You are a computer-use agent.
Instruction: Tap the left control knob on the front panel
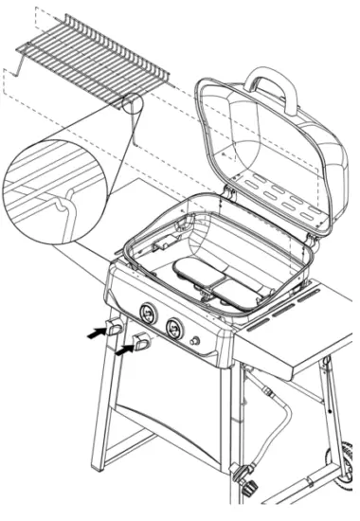coord(148,314)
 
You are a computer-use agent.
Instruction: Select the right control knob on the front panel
coord(174,328)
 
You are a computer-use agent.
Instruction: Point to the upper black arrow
coord(95,332)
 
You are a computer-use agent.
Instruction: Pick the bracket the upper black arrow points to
coord(115,329)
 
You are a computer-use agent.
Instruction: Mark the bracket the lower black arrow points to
coord(141,343)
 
